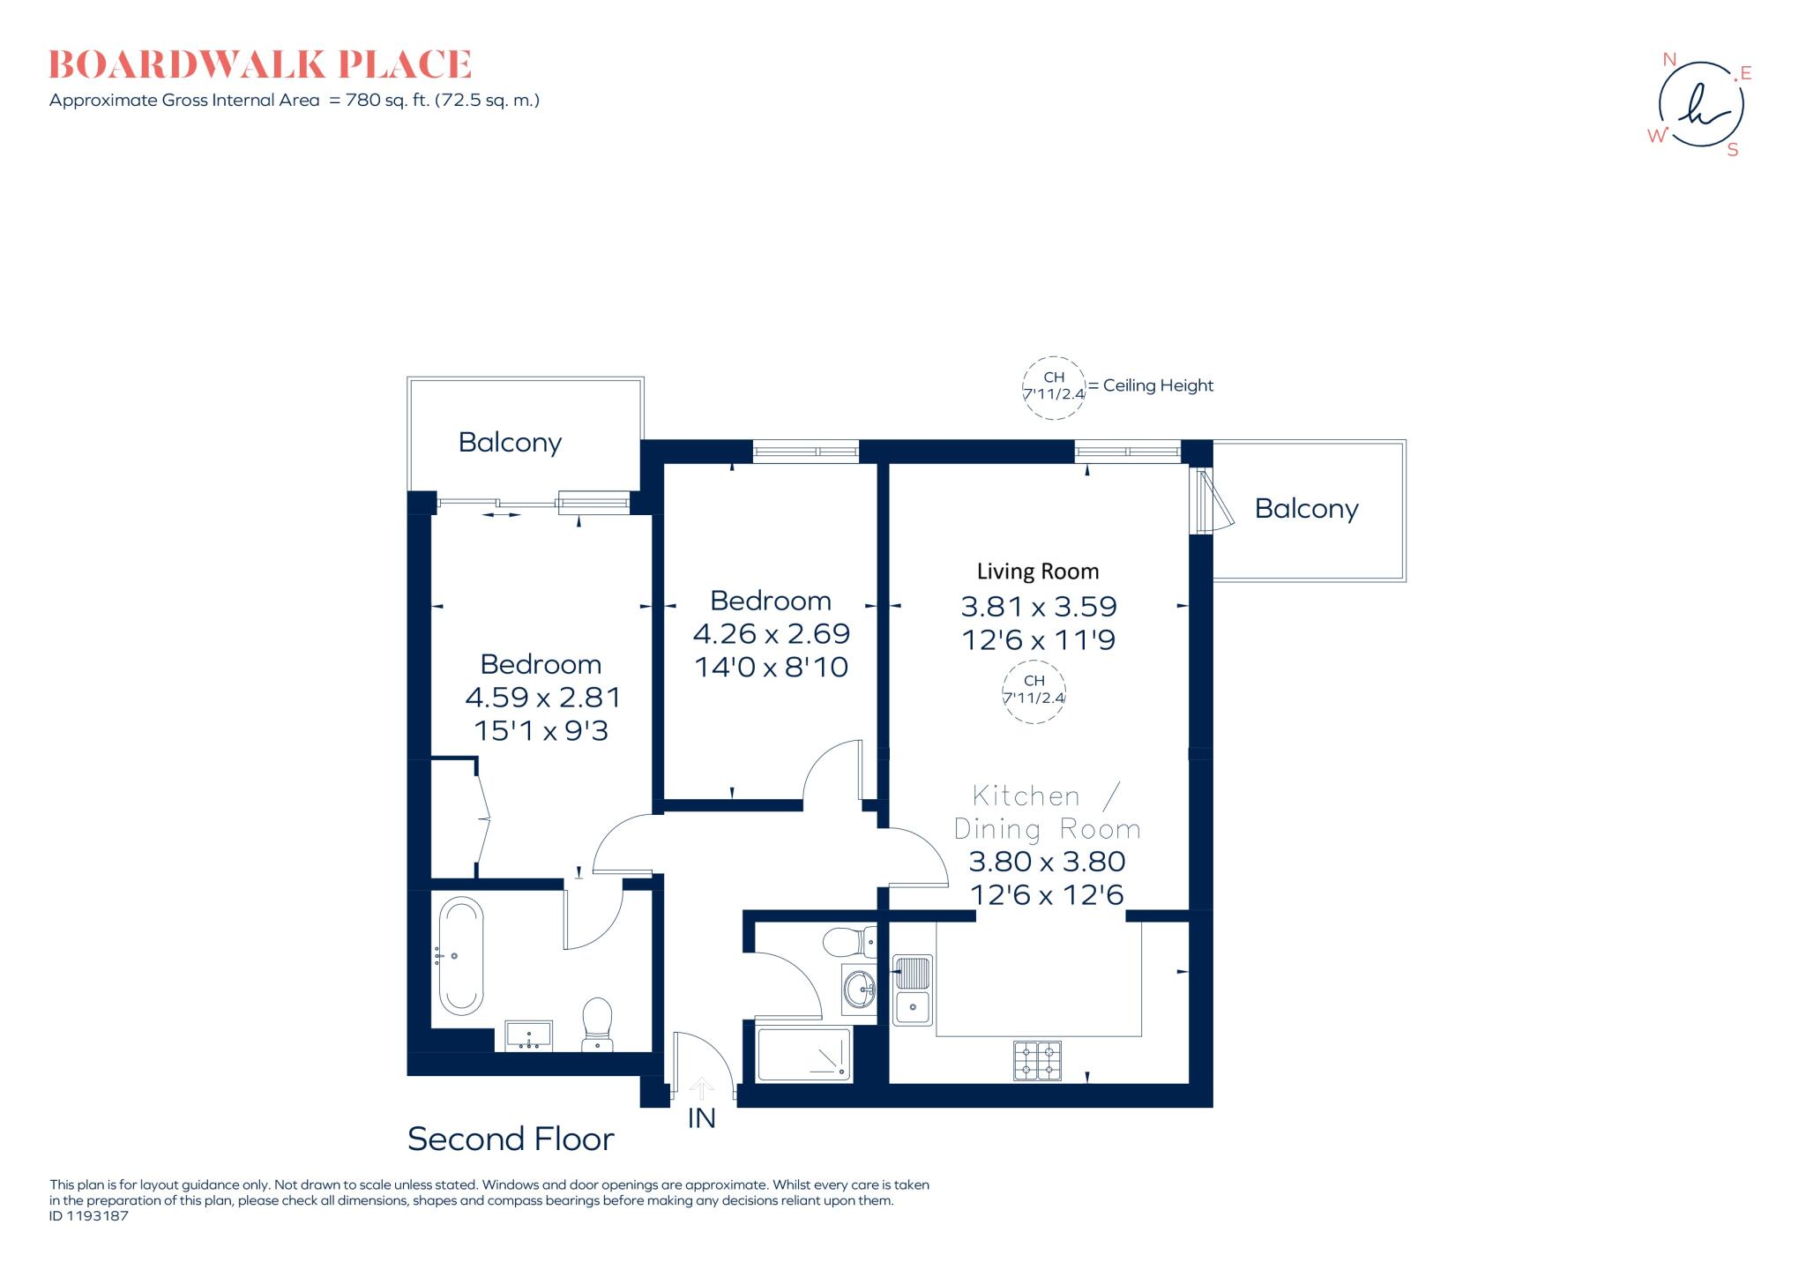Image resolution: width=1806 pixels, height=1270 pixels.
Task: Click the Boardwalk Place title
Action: (260, 65)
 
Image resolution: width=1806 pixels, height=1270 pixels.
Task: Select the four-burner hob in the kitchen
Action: (1037, 1060)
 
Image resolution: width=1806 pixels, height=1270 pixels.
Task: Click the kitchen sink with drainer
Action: (913, 990)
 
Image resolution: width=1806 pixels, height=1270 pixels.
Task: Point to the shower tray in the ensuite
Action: (804, 1054)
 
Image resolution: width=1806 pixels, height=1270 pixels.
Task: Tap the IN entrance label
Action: (701, 1118)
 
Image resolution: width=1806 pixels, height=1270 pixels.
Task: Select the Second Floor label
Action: (511, 1139)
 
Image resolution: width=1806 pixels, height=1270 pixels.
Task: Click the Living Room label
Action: (1038, 571)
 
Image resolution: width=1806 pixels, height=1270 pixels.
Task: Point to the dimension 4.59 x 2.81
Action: (543, 698)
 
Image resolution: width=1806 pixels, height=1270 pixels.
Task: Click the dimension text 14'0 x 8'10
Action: (772, 667)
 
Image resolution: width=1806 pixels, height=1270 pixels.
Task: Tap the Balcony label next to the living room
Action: (1306, 508)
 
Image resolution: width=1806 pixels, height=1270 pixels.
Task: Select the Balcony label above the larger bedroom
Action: (510, 442)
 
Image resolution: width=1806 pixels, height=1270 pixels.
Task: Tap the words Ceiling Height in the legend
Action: (1158, 385)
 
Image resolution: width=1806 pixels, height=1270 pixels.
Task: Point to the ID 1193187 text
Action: (89, 1216)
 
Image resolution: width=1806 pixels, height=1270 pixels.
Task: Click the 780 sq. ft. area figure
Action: (386, 101)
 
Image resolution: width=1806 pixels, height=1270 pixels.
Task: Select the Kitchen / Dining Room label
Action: (1047, 812)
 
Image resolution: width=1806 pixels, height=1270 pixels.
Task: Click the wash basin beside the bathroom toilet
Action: (529, 1036)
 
